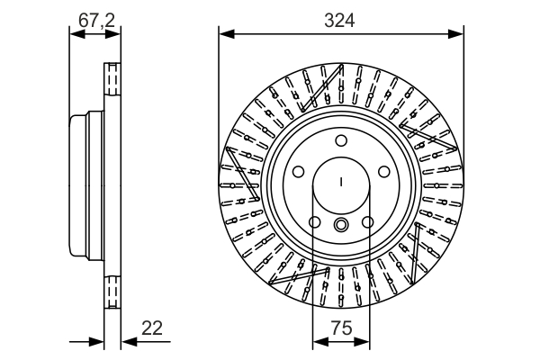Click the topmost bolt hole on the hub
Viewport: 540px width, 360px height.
pyautogui.click(x=341, y=140)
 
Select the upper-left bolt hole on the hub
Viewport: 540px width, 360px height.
pyautogui.click(x=299, y=172)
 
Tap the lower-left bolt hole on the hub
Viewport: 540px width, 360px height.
pyautogui.click(x=315, y=222)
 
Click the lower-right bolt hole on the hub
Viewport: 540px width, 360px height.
pyautogui.click(x=368, y=222)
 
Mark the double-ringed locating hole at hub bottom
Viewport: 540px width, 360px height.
pyautogui.click(x=341, y=225)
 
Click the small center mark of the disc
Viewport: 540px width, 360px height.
pyautogui.click(x=341, y=184)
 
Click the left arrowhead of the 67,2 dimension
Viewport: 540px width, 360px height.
pyautogui.click(x=76, y=34)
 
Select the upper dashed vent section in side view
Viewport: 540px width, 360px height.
pyautogui.click(x=112, y=85)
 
